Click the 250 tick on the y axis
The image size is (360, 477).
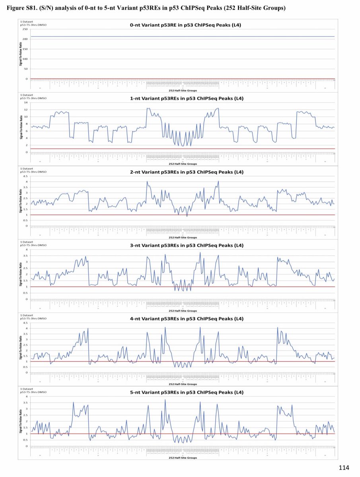tap(25, 29)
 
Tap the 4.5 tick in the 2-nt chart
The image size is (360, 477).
tap(25, 176)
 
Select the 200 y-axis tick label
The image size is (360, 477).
tap(25, 39)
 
